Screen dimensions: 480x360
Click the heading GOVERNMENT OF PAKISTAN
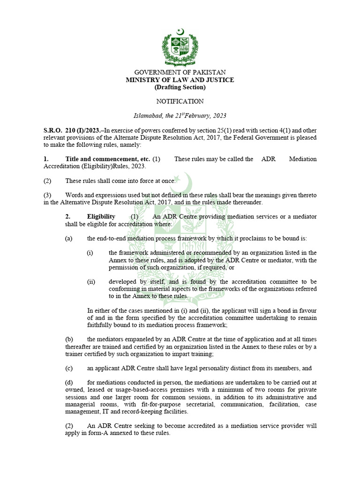(180, 73)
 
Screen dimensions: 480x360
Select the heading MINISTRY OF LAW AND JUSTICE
(180, 80)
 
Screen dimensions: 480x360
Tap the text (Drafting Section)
(180, 87)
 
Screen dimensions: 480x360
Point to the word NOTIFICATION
(180, 101)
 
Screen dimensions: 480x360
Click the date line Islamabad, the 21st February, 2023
(180, 116)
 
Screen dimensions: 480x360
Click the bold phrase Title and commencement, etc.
(107, 159)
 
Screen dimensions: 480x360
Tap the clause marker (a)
(69, 238)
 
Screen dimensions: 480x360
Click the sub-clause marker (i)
(90, 253)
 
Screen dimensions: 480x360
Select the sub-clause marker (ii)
(90, 282)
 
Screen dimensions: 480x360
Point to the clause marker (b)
(69, 339)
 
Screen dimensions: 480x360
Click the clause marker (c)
(69, 368)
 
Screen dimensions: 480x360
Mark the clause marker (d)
(69, 382)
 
